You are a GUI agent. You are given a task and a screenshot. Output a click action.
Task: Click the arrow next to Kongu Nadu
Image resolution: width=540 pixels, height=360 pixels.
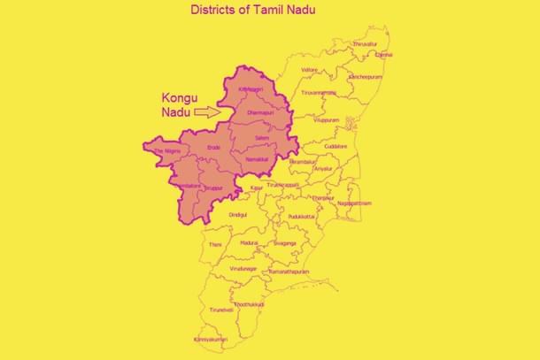[x=205, y=112]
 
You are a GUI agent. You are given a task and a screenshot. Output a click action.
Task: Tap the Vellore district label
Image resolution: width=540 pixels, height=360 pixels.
[x=309, y=69]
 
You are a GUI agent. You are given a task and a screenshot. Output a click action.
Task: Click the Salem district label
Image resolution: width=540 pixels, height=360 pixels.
[x=261, y=140]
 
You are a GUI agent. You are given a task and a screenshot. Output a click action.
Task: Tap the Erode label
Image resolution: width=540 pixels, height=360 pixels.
[x=213, y=147]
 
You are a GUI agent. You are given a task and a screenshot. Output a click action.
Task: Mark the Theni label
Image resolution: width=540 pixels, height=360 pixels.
[x=215, y=244]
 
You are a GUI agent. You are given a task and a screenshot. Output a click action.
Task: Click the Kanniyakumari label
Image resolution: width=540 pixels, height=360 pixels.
[x=212, y=339]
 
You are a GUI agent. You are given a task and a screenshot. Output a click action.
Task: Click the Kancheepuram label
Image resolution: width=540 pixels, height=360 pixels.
[x=363, y=77]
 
